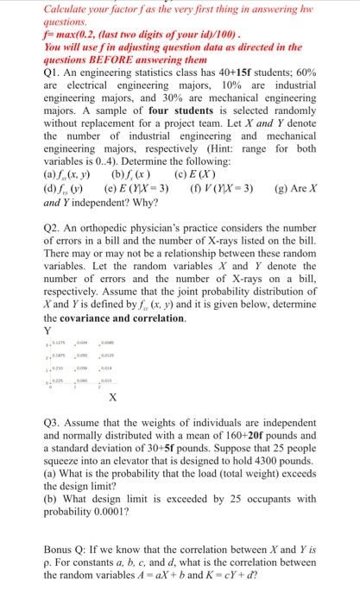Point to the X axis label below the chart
point(113,399)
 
